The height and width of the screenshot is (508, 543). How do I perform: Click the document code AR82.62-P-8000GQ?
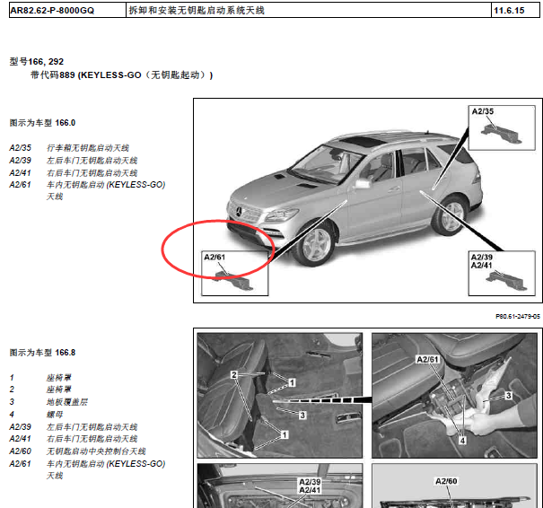pyautogui.click(x=52, y=11)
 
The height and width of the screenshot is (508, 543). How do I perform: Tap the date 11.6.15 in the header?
pyautogui.click(x=509, y=11)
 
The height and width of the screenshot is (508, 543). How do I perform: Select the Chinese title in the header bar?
pyautogui.click(x=197, y=11)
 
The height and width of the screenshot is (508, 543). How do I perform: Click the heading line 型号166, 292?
pyautogui.click(x=37, y=62)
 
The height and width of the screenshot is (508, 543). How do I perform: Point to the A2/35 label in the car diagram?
pyautogui.click(x=482, y=111)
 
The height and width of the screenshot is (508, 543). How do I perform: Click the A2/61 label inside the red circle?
pyautogui.click(x=215, y=257)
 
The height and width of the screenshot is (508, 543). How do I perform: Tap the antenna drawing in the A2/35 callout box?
pyautogui.click(x=502, y=134)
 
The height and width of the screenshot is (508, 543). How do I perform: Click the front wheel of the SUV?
pyautogui.click(x=314, y=244)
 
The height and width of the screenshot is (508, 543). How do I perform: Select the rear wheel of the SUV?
pyautogui.click(x=449, y=215)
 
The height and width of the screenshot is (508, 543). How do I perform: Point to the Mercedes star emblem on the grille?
pyautogui.click(x=239, y=211)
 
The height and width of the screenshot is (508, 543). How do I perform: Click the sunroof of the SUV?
pyautogui.click(x=362, y=141)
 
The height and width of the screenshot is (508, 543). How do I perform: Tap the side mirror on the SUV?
pyautogui.click(x=362, y=183)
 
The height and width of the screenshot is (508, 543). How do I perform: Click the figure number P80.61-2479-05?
pyautogui.click(x=518, y=316)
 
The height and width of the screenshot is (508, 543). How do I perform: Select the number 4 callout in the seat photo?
pyautogui.click(x=462, y=441)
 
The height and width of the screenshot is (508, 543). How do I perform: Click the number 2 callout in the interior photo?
pyautogui.click(x=234, y=374)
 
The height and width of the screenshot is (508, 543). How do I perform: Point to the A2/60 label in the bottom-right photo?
pyautogui.click(x=446, y=481)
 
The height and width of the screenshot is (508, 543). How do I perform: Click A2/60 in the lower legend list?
pyautogui.click(x=21, y=451)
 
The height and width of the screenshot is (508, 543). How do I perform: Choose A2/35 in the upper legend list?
pyautogui.click(x=21, y=148)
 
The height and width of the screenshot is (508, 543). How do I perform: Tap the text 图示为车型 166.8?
pyautogui.click(x=42, y=353)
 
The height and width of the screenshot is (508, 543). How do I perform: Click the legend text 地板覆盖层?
pyautogui.click(x=67, y=402)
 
